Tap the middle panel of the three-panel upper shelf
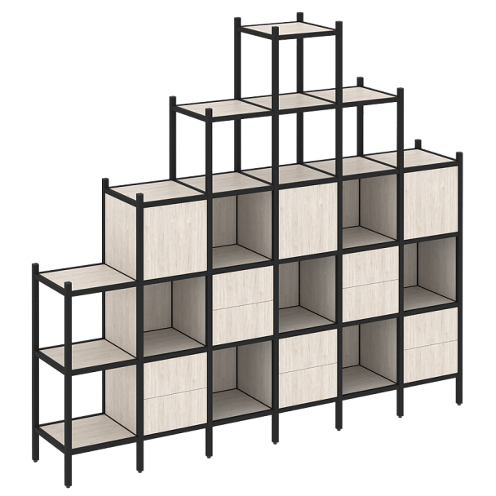pyautogui.click(x=287, y=101)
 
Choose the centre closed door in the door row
pyautogui.click(x=308, y=216)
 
